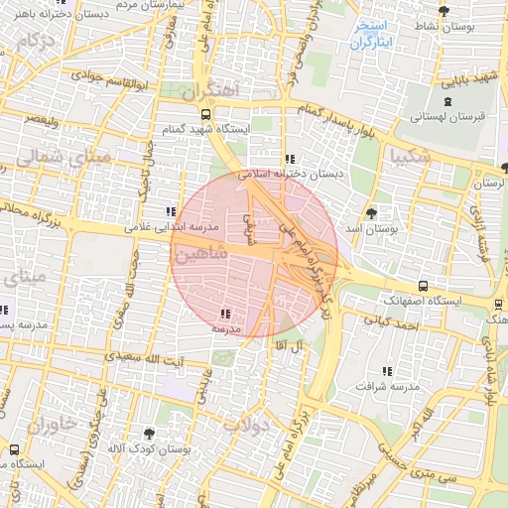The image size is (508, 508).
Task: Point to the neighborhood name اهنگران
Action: pyautogui.click(x=212, y=90)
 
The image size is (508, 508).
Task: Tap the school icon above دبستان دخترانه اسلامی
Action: pyautogui.click(x=289, y=159)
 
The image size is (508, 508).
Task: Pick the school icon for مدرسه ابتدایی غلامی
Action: pyautogui.click(x=171, y=211)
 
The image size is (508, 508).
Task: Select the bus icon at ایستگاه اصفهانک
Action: pyautogui.click(x=424, y=286)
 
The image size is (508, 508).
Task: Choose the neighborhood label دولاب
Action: pyautogui.click(x=246, y=425)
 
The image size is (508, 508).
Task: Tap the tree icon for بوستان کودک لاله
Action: pyautogui.click(x=149, y=434)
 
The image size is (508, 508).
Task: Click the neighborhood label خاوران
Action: pyautogui.click(x=45, y=427)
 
